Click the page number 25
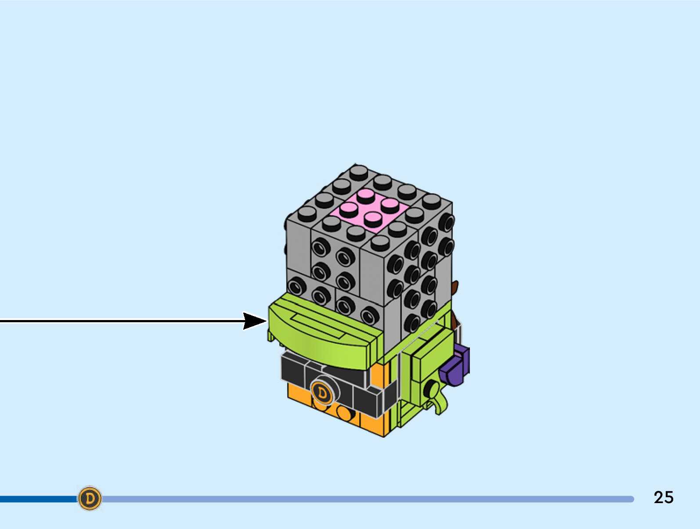tap(663, 497)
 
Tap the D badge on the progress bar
tap(90, 498)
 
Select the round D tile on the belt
tap(323, 392)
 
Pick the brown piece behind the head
tap(455, 288)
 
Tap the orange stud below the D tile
tap(344, 413)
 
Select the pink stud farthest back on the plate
tap(365, 194)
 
